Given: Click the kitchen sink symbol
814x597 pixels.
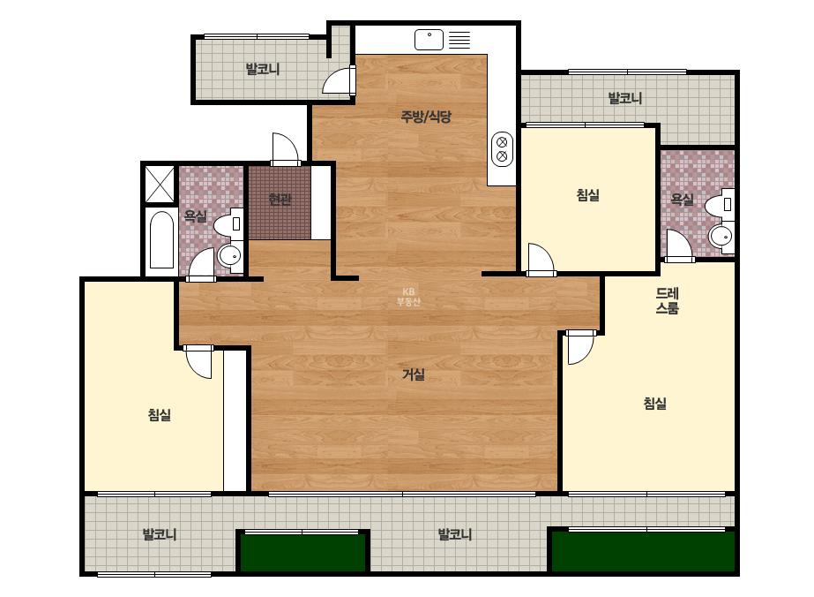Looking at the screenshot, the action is tap(429, 40).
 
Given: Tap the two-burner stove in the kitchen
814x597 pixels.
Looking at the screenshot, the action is tap(502, 148).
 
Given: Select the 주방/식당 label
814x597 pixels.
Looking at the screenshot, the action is tap(426, 117).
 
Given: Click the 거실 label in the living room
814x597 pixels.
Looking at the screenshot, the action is tap(414, 374).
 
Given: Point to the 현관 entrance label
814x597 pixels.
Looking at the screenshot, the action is tap(280, 200).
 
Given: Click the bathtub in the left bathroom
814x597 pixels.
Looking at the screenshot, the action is tap(161, 239).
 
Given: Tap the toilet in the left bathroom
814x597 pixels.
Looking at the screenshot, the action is tap(228, 223).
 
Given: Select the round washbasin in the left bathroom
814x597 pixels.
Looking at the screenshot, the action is tap(229, 255).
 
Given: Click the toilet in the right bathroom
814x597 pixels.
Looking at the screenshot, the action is tap(720, 205).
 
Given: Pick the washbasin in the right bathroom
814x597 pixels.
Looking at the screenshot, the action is tap(721, 236).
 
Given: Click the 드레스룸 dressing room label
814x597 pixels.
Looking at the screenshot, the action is tap(667, 300).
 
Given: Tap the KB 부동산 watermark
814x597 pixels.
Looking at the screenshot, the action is tap(408, 297).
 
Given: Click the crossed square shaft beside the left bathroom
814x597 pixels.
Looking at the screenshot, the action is tap(160, 184).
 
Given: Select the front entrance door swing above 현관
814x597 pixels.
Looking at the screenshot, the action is tap(285, 149).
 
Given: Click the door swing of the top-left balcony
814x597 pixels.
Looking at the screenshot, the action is tap(339, 81).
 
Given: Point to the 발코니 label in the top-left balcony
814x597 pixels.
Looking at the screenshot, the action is tap(263, 69).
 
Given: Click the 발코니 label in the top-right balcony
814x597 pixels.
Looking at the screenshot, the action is tap(625, 98).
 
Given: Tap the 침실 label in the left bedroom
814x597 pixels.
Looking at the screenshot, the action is tap(160, 415).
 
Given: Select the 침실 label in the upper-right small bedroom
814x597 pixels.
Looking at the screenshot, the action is tap(587, 195).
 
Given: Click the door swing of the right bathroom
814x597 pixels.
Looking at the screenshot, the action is tap(679, 246).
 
